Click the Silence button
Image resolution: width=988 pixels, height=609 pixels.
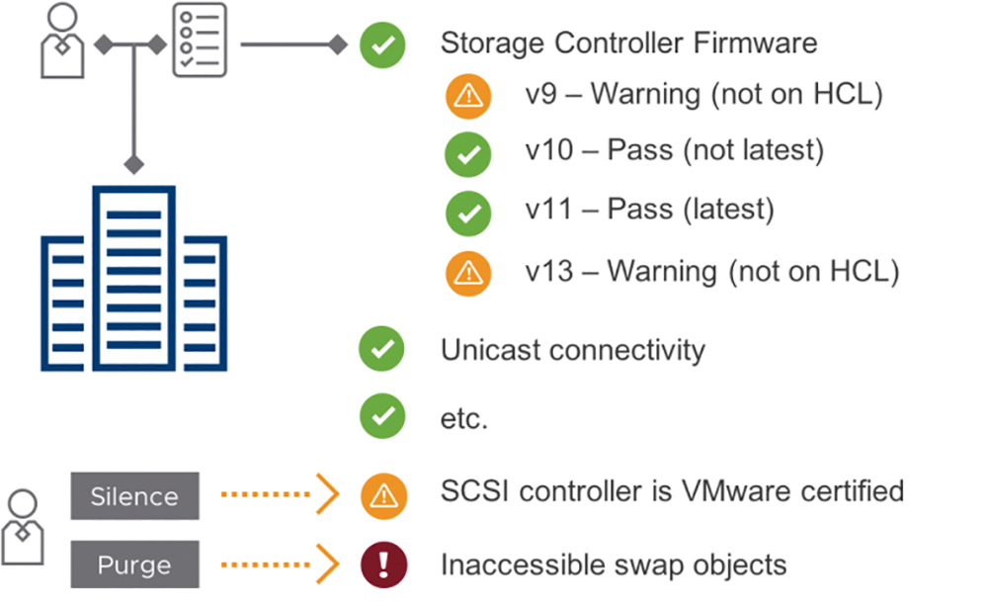pos(134,496)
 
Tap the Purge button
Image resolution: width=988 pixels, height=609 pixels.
pos(134,565)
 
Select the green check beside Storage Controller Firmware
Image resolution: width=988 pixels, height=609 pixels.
pos(382,44)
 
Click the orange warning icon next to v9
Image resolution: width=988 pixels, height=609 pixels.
pos(468,96)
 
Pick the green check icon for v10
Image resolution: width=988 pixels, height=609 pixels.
pos(468,154)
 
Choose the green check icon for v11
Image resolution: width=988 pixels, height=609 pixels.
pos(468,214)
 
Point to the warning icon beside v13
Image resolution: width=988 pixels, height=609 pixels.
pos(468,274)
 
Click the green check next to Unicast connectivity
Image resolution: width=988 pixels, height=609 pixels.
pos(381,349)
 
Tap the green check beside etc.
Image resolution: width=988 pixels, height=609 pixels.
pos(382,416)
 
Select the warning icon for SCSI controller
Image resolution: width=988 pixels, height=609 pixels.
pos(383,496)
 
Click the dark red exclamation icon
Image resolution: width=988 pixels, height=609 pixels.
pos(383,565)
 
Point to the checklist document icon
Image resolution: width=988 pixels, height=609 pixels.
pos(200,40)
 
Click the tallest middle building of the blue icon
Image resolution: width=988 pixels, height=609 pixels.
pos(134,278)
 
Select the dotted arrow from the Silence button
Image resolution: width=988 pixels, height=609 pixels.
pos(281,493)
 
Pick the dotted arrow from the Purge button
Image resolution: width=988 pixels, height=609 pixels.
pos(281,565)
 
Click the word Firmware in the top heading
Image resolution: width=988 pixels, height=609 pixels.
pos(756,43)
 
